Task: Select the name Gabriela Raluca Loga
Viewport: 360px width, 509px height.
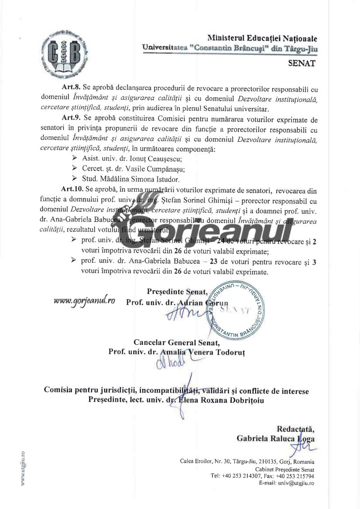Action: [275, 439]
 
